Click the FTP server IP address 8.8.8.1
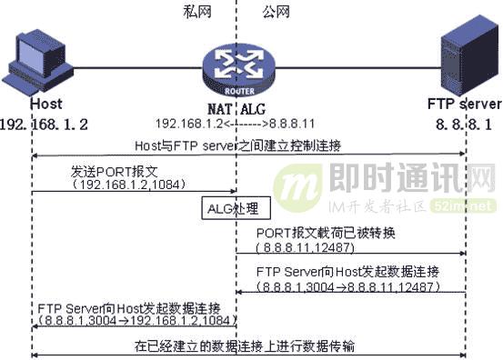tap(465, 122)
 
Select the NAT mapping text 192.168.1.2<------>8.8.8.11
tap(236, 123)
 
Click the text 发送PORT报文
tap(108, 171)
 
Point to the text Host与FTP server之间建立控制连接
tap(250, 145)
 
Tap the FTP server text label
tap(465, 104)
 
